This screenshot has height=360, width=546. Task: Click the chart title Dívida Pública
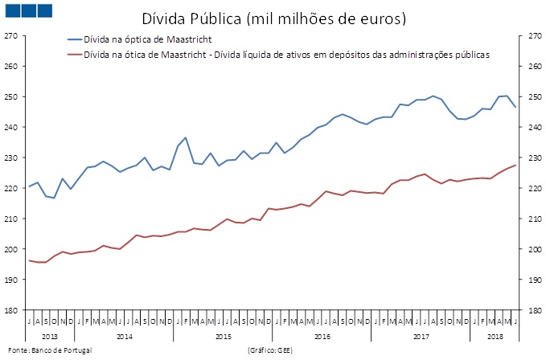point(273,17)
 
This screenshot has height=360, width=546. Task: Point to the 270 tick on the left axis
point(11,36)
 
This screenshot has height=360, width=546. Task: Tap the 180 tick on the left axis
point(11,309)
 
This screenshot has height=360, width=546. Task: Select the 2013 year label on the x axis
point(50,334)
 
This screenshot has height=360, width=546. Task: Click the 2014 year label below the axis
point(124,334)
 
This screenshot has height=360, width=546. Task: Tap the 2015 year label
point(224,334)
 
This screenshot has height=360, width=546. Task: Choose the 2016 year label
point(322,334)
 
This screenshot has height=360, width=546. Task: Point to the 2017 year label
point(421,334)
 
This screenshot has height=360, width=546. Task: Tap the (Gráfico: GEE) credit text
point(275,351)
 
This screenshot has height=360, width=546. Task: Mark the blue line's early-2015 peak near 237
point(186,137)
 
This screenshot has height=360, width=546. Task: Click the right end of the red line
point(515,165)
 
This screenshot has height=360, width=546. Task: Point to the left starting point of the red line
point(30,260)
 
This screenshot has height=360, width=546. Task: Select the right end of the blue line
point(515,108)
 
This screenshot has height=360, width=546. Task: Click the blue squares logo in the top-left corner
point(26,10)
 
